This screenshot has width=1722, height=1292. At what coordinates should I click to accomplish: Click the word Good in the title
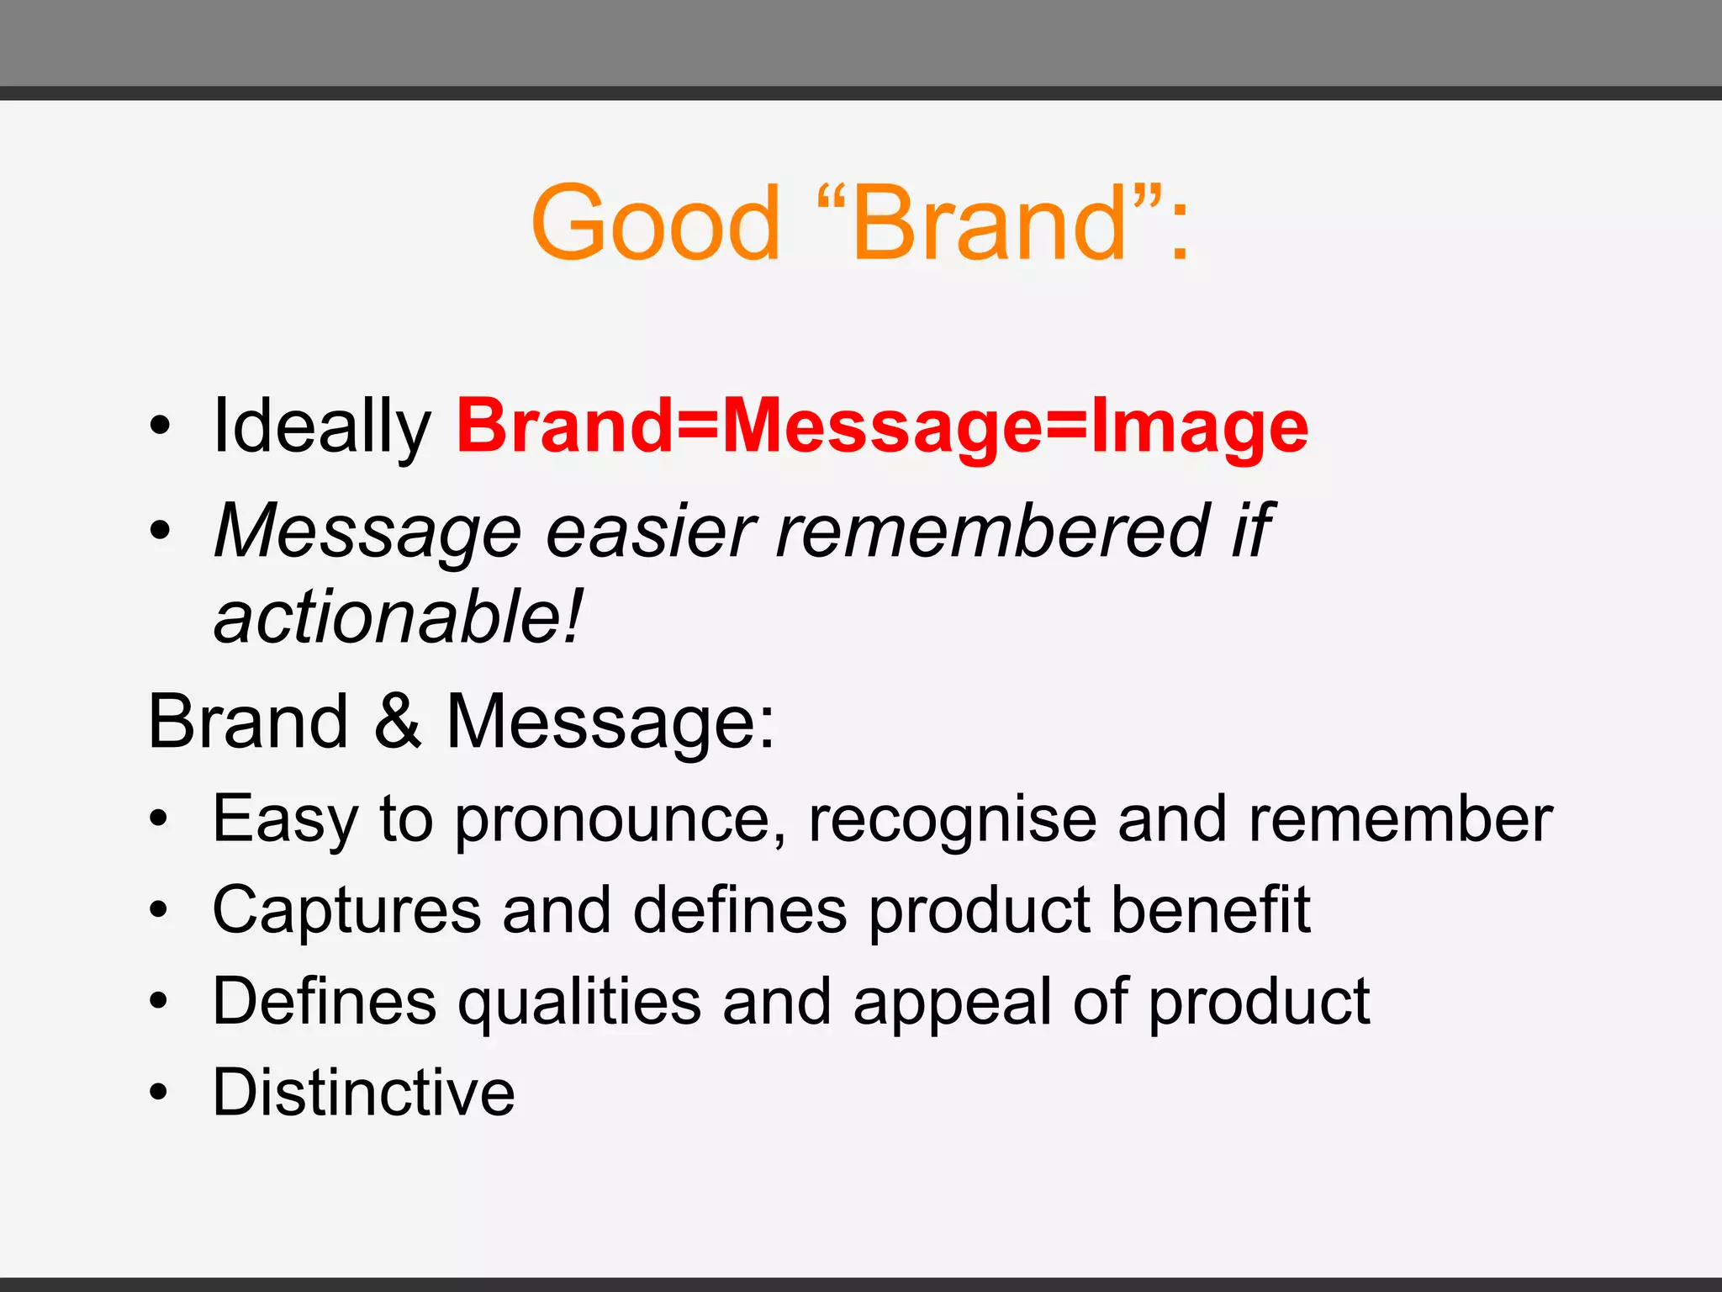[x=655, y=223]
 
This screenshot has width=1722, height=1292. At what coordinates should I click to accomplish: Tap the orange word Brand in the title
[x=989, y=223]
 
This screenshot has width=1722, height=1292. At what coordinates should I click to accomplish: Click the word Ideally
[x=321, y=427]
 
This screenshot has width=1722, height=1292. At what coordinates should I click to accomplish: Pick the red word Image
[x=1199, y=427]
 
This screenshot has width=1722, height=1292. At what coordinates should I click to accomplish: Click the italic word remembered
[x=992, y=532]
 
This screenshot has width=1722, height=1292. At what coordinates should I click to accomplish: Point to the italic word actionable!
[x=397, y=618]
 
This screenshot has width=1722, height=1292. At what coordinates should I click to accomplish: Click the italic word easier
[x=651, y=532]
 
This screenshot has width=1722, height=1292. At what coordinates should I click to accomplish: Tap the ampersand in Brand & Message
[x=397, y=721]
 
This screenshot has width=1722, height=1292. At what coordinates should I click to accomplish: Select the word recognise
[x=952, y=819]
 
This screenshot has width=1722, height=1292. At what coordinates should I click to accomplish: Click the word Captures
[x=346, y=910]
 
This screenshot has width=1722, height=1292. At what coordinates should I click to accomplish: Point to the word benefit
[x=1211, y=910]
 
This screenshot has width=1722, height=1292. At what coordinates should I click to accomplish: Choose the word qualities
[x=579, y=1002]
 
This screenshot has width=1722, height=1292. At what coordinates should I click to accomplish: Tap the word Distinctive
[x=363, y=1093]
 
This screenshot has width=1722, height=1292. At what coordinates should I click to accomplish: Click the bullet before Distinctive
[x=159, y=1093]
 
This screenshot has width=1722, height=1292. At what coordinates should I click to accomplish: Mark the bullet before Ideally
[x=159, y=426]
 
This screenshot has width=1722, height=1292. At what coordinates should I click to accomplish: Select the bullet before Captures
[x=159, y=910]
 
